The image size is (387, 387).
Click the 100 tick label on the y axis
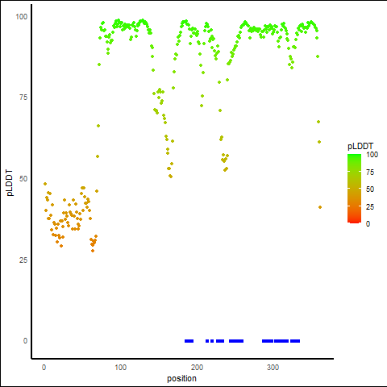click(22, 17)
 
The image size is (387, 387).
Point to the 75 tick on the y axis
click(23, 98)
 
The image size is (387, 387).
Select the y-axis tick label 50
click(23, 179)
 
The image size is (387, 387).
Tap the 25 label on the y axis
click(23, 260)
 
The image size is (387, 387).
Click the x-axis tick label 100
click(120, 368)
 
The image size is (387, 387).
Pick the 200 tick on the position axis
click(197, 368)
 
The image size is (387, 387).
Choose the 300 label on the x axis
click(273, 368)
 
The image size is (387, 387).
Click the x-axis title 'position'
click(181, 379)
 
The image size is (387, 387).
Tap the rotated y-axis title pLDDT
click(10, 183)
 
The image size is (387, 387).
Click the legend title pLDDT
click(360, 146)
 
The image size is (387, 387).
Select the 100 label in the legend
click(372, 155)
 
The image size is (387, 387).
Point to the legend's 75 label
click(370, 173)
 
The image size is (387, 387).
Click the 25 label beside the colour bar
click(370, 207)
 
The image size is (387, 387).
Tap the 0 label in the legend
click(368, 224)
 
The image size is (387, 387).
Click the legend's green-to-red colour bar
click(354, 189)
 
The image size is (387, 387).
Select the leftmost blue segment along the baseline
click(189, 341)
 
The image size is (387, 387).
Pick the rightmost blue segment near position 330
click(295, 341)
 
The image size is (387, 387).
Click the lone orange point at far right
click(320, 207)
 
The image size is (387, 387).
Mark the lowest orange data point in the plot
click(93, 251)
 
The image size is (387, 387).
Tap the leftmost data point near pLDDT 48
click(45, 184)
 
